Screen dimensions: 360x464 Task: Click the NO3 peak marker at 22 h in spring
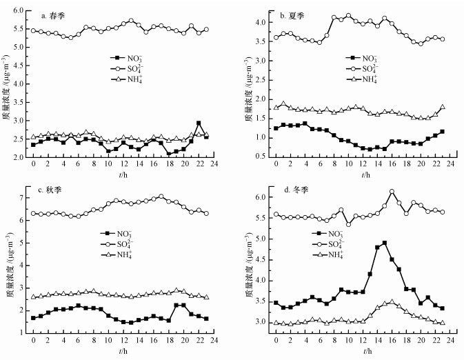(x=199, y=123)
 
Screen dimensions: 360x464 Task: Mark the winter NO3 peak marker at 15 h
(x=384, y=243)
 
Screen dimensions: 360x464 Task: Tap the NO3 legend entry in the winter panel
(x=367, y=234)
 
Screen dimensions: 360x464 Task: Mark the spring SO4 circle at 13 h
(x=131, y=21)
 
